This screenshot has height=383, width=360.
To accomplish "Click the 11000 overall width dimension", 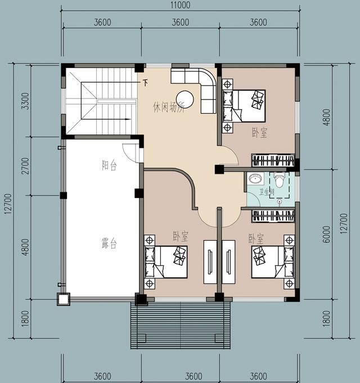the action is pos(180,5).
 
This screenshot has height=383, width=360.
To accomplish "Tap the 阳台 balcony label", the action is pos(109,165).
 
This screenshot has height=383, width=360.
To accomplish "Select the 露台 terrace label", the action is pos(109,244).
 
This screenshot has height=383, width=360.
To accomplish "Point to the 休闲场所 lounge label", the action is pos(168,107).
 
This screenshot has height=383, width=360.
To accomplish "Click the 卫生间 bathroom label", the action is pos(267,192).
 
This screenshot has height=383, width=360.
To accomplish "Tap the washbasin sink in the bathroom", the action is pos(255,178).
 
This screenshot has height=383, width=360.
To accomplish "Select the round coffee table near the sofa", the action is pos(185,100).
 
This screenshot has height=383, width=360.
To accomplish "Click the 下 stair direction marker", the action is pos(145,83).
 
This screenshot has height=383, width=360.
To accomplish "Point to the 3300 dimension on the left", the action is pos(25,101).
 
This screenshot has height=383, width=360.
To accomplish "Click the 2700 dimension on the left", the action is pos(25,166).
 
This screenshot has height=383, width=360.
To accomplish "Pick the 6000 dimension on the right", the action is pos(326,234).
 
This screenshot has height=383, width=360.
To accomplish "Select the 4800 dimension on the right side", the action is pos(326,117).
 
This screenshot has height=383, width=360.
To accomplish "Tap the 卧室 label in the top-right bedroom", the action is pos(260,133).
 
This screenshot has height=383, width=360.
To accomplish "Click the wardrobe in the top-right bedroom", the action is pos(273,160).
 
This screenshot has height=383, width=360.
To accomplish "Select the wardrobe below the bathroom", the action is pos(273,216).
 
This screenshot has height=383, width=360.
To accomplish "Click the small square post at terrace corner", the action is pos(64,299).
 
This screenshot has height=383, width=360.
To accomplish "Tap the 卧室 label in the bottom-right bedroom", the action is pos(256,239).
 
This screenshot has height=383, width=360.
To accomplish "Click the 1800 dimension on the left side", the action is pos(25,318).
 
